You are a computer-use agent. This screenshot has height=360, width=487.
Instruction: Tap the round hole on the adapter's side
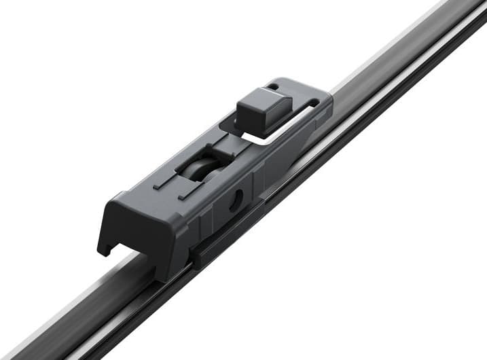coord(236,200)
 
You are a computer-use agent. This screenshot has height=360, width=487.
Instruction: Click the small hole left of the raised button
coord(272,87)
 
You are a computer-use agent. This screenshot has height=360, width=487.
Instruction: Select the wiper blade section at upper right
coord(408,61)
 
